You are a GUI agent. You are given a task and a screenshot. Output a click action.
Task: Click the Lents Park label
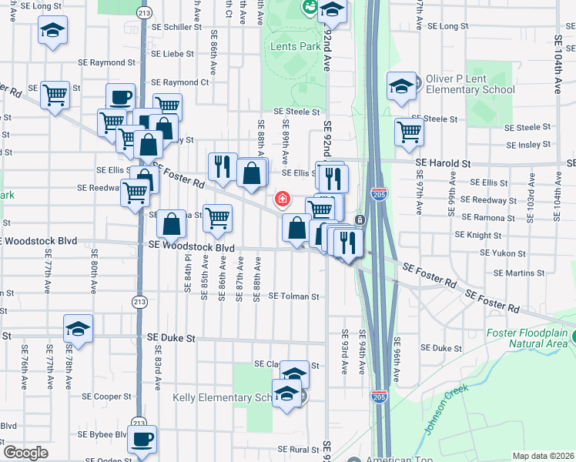coord(296,47)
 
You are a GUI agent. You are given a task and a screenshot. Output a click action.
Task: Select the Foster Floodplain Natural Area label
coord(531,339)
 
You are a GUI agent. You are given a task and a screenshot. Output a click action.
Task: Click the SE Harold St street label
coord(443,163)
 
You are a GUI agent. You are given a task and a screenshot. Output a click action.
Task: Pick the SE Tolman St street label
coord(293,296)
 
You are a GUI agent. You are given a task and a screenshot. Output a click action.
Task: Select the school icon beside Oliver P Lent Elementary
coord(401,87)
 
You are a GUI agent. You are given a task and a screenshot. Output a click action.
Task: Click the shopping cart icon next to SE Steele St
coord(409,132)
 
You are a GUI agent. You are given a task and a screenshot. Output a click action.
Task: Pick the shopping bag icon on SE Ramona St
coord(172,224)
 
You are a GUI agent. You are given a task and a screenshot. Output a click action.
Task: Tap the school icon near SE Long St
coord(52,32)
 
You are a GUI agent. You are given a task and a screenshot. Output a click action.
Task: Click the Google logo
coord(25,452)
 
